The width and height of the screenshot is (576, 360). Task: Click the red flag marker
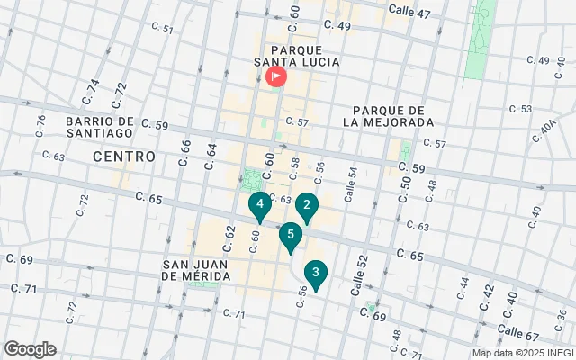pos(275,77)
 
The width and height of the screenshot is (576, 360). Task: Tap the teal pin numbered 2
pos(307,207)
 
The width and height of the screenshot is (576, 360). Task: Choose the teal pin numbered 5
pos(290,237)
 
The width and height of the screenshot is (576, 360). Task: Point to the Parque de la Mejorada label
pos(388,114)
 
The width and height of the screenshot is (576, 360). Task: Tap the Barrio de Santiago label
pos(100,126)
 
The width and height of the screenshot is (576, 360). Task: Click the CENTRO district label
pos(124,157)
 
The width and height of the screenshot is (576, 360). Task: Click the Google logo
pos(30,349)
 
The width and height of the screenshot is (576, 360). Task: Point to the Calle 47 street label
pos(409,13)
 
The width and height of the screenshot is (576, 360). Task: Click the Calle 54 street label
pos(352,184)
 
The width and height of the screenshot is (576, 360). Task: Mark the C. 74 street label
pos(92,91)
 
